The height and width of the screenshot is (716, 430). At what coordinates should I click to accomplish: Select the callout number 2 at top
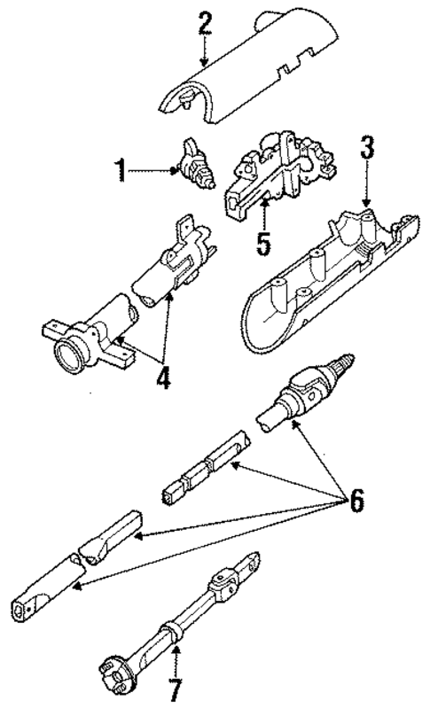[x=205, y=24]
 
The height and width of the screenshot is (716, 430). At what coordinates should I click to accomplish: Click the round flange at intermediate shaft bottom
[x=110, y=660]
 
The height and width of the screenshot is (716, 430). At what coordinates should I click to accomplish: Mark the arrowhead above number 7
[x=176, y=651]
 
